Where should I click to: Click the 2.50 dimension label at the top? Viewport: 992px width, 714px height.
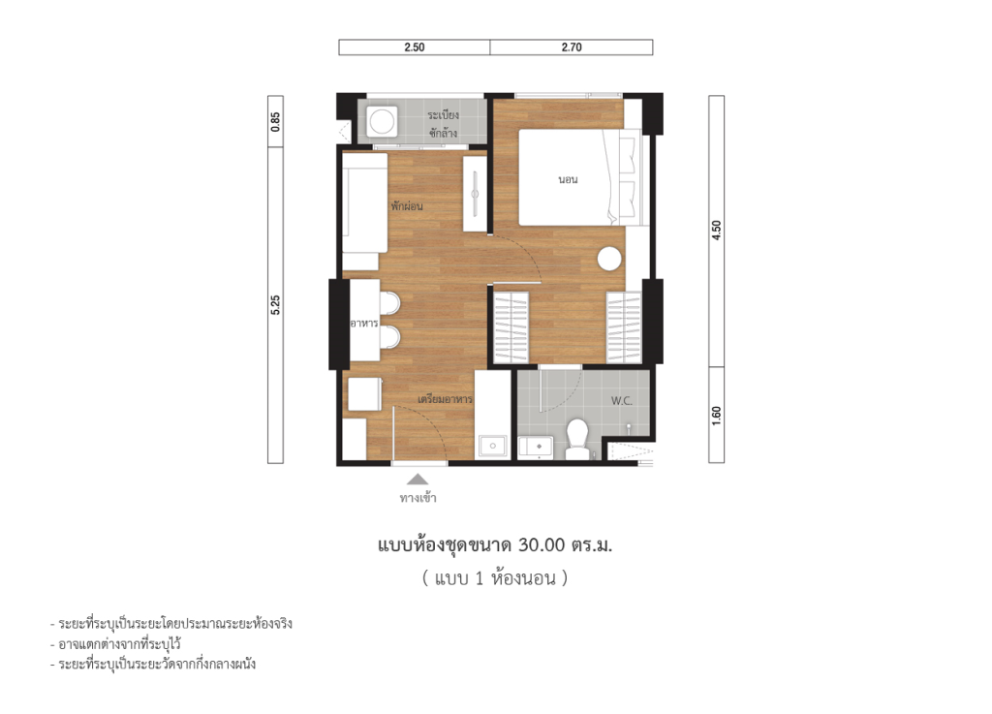click(x=415, y=47)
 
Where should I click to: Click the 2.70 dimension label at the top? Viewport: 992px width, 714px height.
click(x=572, y=47)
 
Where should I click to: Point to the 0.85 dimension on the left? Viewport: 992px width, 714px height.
click(x=276, y=121)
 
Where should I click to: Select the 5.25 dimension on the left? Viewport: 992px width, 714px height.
click(x=276, y=305)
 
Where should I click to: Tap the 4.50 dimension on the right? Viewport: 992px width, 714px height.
click(x=717, y=232)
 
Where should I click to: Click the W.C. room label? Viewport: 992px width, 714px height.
click(x=623, y=400)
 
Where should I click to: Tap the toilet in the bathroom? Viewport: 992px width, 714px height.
click(x=578, y=436)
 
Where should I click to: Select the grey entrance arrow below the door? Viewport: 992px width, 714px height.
click(x=417, y=479)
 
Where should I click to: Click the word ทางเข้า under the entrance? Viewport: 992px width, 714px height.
click(x=418, y=499)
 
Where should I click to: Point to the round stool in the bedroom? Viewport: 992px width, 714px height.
click(x=609, y=260)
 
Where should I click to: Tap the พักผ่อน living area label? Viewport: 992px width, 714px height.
click(x=408, y=206)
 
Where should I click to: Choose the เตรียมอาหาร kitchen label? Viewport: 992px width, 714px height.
click(x=445, y=399)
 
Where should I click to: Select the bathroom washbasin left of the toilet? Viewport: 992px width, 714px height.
click(x=536, y=447)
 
